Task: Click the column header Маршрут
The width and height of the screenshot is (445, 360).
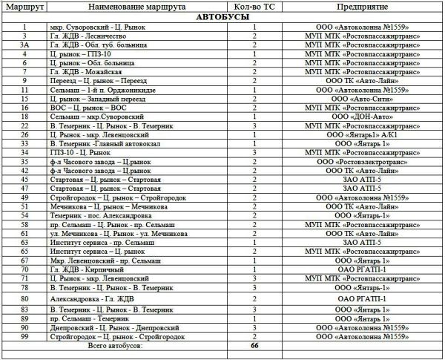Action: (x=24, y=6)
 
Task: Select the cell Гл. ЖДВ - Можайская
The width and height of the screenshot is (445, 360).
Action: (x=88, y=71)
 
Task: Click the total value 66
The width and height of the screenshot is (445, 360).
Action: (x=254, y=346)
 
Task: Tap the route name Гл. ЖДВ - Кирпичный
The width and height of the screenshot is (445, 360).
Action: (x=85, y=269)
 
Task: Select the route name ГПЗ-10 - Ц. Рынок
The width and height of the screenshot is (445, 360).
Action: (x=82, y=152)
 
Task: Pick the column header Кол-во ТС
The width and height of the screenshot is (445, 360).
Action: (x=254, y=6)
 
